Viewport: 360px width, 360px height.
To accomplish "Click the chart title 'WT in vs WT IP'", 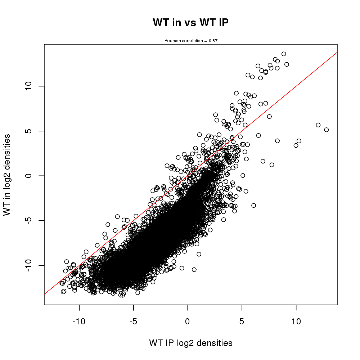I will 190,23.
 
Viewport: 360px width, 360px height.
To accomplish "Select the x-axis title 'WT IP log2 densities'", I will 190,343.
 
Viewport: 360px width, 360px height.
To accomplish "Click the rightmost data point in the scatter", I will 327,130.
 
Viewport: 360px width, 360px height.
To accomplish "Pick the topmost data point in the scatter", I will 284,54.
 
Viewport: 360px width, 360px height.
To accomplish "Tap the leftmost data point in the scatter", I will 62,283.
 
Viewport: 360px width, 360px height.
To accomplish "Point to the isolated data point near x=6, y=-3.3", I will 253,205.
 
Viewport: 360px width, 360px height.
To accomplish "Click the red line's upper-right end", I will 337,53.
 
